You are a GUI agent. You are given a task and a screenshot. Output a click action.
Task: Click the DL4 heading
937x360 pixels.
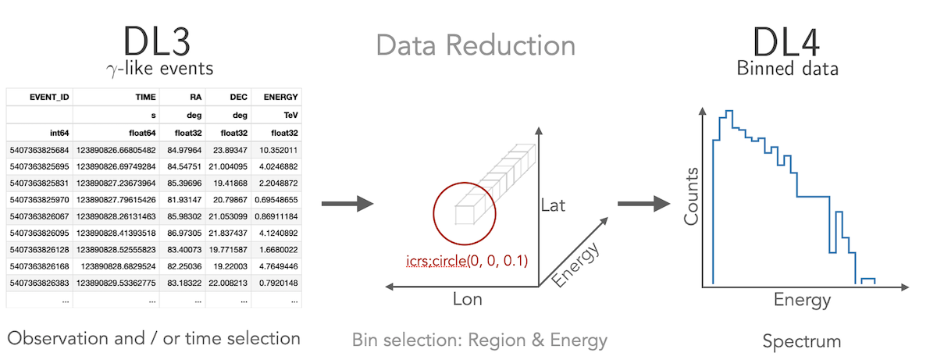(787, 41)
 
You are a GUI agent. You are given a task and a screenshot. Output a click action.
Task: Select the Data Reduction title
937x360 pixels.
(475, 45)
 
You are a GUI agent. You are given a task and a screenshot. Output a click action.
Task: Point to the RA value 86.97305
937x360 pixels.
(184, 232)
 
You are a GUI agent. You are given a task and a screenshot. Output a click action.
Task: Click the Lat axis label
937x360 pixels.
(552, 206)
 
